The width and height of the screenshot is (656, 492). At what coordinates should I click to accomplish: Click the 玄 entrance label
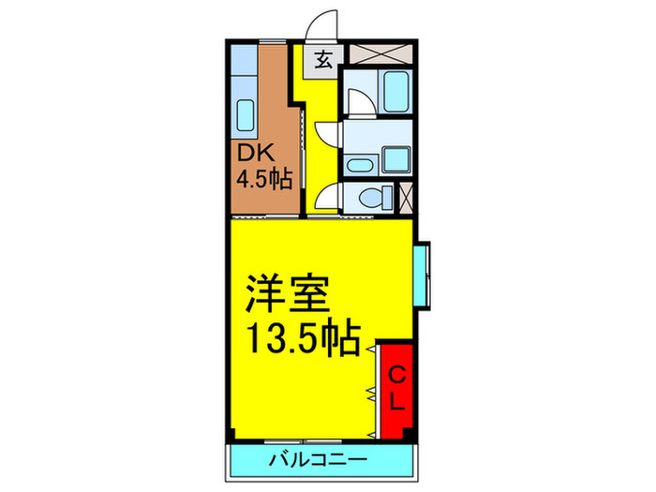pyautogui.click(x=321, y=63)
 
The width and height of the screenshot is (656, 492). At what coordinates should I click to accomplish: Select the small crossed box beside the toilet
pyautogui.click(x=406, y=198)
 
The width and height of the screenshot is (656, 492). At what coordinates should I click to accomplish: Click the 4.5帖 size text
pyautogui.click(x=261, y=178)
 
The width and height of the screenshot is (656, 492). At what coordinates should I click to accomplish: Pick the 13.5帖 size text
pyautogui.click(x=303, y=337)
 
